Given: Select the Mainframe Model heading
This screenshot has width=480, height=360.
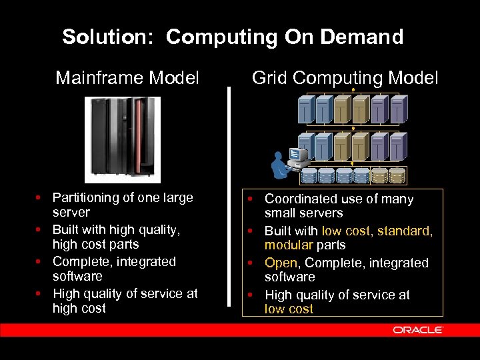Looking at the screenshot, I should pyautogui.click(x=127, y=79).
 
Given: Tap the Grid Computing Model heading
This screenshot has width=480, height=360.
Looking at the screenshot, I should pyautogui.click(x=345, y=79).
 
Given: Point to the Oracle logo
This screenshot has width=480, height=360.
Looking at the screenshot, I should pyautogui.click(x=418, y=330).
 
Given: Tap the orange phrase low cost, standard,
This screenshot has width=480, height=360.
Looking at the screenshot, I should pyautogui.click(x=377, y=231).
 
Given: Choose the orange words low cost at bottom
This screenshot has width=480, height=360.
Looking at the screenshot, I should pyautogui.click(x=289, y=309).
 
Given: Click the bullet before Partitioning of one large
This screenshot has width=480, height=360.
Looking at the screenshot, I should pyautogui.click(x=41, y=198).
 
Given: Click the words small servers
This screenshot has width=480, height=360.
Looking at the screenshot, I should pyautogui.click(x=303, y=213).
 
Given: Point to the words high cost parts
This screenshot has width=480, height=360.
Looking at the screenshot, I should pyautogui.click(x=95, y=244).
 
